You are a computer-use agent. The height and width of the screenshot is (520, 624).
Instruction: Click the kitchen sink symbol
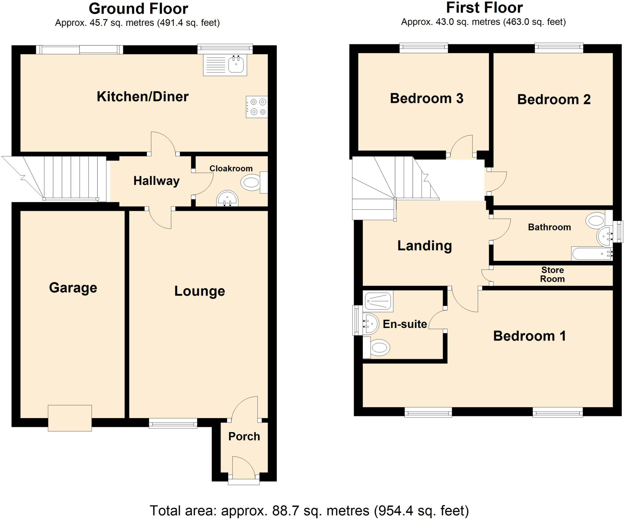tap(225, 65)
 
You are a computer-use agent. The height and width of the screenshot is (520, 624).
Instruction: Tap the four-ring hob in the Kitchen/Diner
tap(257, 107)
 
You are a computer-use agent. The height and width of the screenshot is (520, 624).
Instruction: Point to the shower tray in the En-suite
tap(378, 301)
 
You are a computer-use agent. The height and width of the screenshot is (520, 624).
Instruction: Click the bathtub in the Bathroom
tap(592, 253)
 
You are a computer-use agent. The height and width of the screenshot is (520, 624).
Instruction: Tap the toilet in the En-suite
tap(376, 347)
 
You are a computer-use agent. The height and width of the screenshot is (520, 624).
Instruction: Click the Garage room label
tap(73, 288)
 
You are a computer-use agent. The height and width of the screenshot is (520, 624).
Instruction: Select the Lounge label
tap(200, 291)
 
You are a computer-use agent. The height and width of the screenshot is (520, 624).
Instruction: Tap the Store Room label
tap(552, 274)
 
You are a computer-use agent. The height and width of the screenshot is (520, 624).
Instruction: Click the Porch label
tap(244, 437)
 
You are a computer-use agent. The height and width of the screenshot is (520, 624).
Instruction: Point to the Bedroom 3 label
tap(427, 98)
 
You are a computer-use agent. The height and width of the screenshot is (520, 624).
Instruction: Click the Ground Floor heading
tap(138, 9)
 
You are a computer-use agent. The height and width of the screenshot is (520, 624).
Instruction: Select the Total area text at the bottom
tap(309, 511)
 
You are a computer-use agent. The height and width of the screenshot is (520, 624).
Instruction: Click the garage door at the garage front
tap(70, 418)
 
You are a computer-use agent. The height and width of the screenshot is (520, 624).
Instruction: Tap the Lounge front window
tap(173, 423)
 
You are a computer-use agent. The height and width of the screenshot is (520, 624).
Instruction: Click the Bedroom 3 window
tap(424, 48)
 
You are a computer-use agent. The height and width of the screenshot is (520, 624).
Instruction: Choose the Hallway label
tap(156, 181)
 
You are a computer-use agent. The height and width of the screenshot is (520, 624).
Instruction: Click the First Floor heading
tap(484, 8)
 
